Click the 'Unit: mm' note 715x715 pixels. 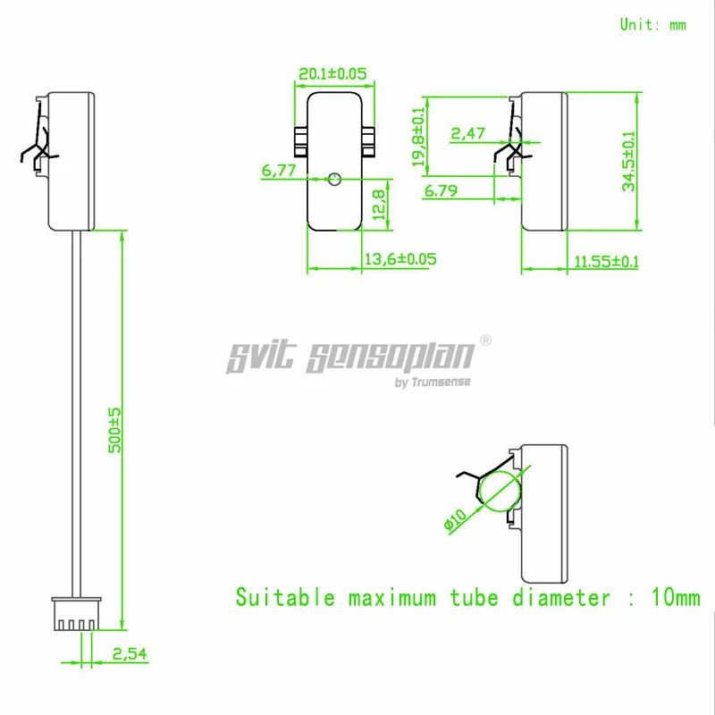click(x=653, y=25)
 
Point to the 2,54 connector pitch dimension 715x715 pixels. click(x=130, y=654)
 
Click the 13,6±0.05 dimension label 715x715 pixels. click(x=400, y=259)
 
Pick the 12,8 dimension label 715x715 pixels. click(x=378, y=204)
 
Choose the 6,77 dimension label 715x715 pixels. click(x=278, y=170)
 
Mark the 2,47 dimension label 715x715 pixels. click(x=467, y=134)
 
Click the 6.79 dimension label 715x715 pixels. click(x=442, y=190)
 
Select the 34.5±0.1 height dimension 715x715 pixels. click(x=630, y=161)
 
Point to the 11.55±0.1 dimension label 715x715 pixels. click(x=607, y=262)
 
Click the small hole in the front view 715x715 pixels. click(x=334, y=179)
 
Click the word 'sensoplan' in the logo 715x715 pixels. click(x=389, y=357)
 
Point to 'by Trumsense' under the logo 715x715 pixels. click(x=433, y=383)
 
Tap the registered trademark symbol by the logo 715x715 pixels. click(x=486, y=341)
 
